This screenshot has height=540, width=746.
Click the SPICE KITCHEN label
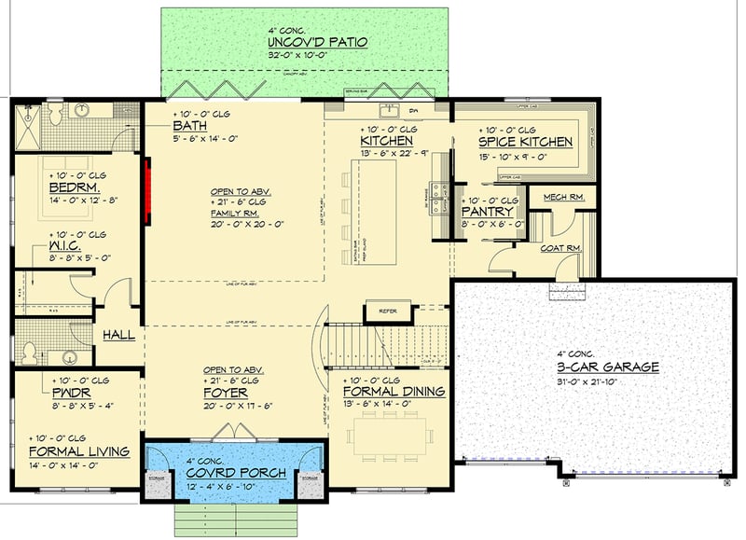coord(525,142)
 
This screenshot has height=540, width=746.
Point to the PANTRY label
coord(488,212)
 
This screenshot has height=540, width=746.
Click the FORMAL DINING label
coord(394,392)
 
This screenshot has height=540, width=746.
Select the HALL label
coord(118,334)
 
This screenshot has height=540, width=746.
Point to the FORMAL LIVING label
coord(77,451)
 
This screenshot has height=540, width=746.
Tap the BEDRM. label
coord(67,187)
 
